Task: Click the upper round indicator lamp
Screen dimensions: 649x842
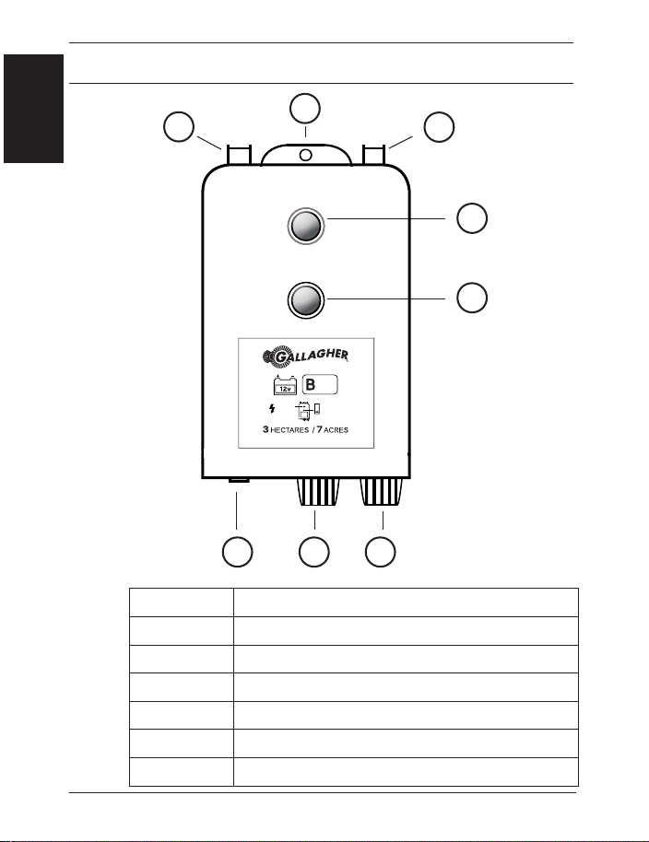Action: [x=305, y=226]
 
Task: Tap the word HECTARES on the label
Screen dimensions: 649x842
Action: [x=295, y=430]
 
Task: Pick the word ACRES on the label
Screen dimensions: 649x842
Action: [x=356, y=430]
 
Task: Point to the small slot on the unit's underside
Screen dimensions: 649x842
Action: [x=237, y=481]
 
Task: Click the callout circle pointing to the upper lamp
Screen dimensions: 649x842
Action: [x=472, y=219]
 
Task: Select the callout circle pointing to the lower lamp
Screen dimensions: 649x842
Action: [x=472, y=297]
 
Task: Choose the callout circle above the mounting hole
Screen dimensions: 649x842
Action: [x=305, y=107]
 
